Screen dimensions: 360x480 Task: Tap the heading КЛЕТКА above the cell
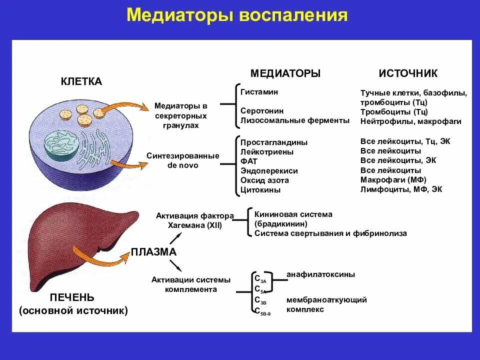81,81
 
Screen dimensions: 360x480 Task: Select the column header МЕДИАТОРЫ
285,73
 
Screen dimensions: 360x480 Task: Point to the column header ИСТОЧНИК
408,73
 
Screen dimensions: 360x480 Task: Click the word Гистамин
259,92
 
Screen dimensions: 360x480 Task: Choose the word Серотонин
262,111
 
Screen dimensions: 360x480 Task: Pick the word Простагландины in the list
274,142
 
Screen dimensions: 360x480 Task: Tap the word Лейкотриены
267,152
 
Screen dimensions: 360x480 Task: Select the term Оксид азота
264,180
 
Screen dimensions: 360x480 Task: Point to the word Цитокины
260,190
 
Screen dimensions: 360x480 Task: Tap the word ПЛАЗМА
154,252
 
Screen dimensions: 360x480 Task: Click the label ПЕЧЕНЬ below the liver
72,298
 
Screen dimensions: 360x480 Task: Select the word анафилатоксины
321,274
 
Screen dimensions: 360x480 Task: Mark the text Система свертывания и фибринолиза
330,233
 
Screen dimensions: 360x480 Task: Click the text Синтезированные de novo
183,160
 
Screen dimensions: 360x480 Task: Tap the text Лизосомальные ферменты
294,120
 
